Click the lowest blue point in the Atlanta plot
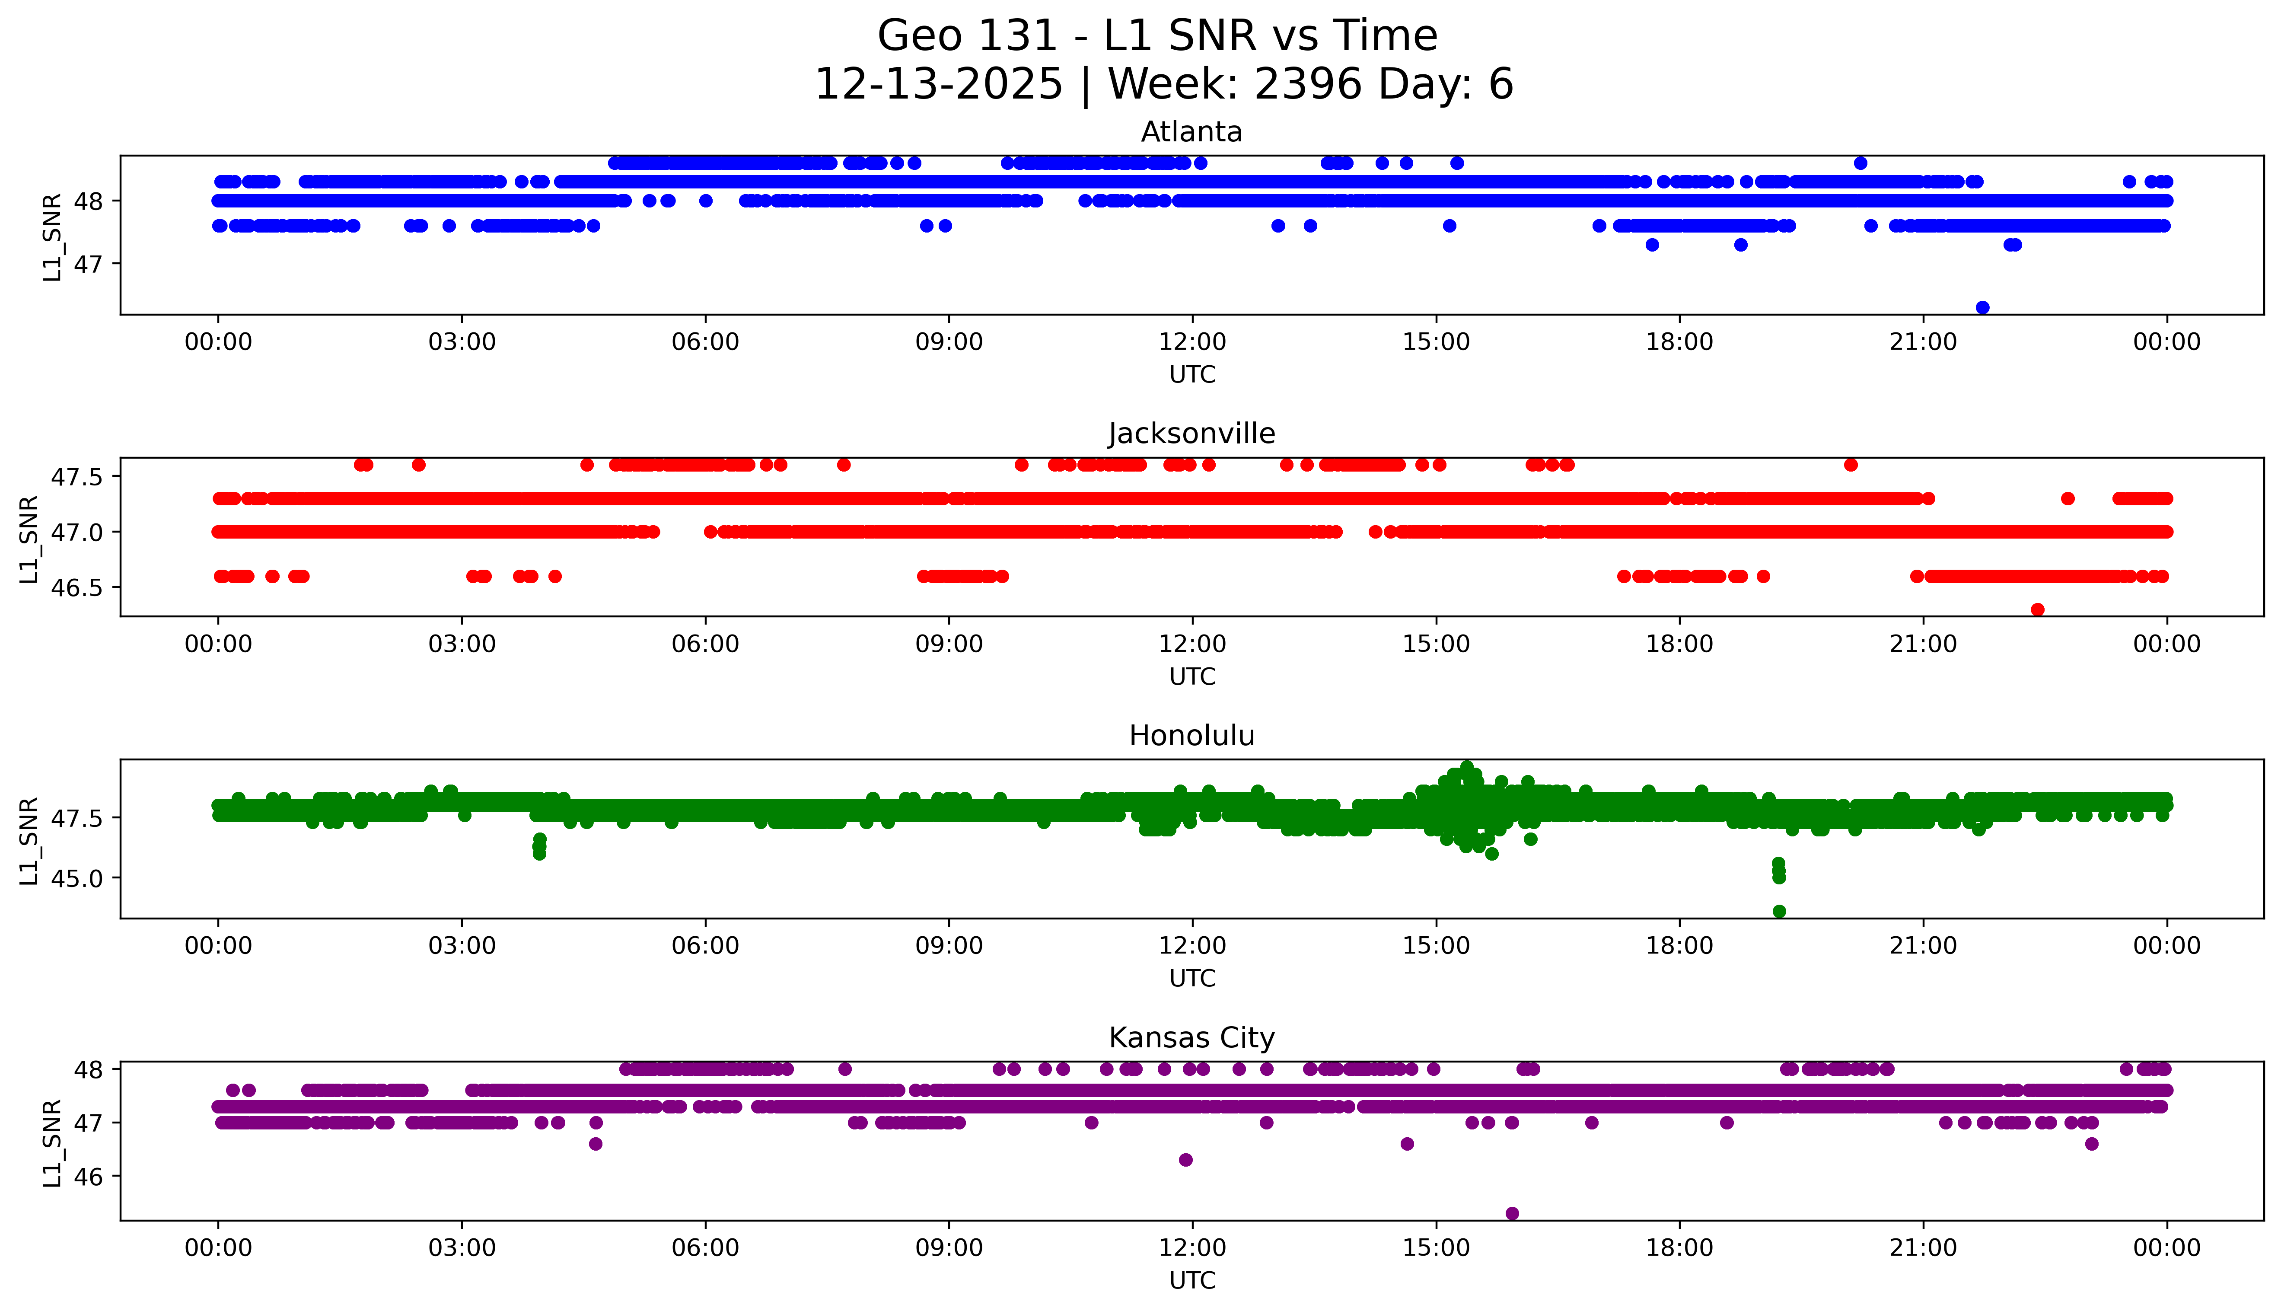(1982, 308)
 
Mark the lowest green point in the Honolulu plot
(1779, 911)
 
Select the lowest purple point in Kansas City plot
(1512, 1214)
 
